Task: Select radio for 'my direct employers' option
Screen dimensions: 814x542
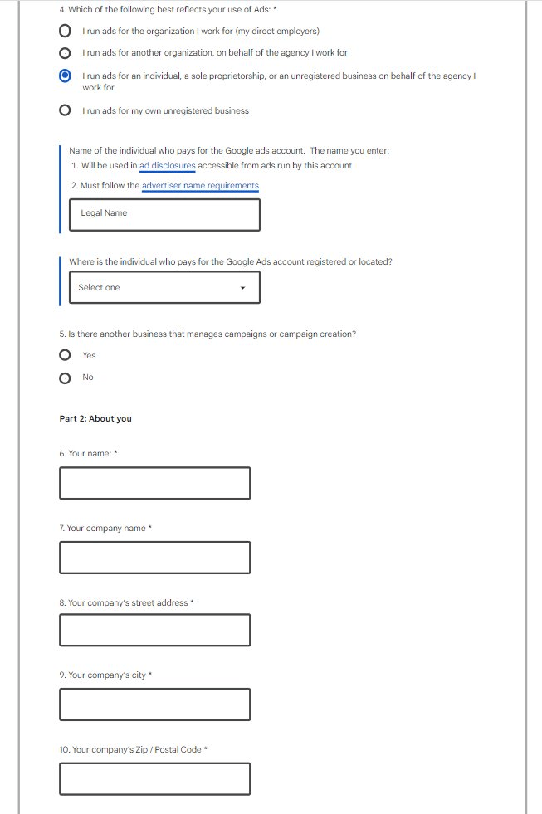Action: tap(65, 32)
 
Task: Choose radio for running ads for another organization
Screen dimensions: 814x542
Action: tap(65, 53)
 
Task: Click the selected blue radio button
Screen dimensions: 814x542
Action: tap(65, 76)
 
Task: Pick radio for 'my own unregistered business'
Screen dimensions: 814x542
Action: tap(65, 110)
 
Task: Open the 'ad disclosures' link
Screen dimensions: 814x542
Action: tap(168, 165)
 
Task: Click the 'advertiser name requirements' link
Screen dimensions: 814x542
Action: tap(200, 185)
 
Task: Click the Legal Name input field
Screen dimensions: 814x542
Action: tap(165, 214)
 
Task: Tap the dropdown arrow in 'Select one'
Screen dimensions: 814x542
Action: tap(242, 288)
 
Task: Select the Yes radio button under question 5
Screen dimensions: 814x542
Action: tap(65, 355)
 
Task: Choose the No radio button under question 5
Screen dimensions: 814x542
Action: tap(65, 378)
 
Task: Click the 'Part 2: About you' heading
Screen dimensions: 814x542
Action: tap(95, 419)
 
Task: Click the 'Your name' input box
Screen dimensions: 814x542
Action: tap(154, 483)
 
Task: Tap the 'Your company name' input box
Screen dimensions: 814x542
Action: tap(154, 557)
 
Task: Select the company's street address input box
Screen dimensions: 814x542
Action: tap(154, 630)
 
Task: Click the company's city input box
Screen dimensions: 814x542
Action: tap(154, 704)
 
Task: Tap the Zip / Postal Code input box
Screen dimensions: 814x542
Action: tap(154, 778)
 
